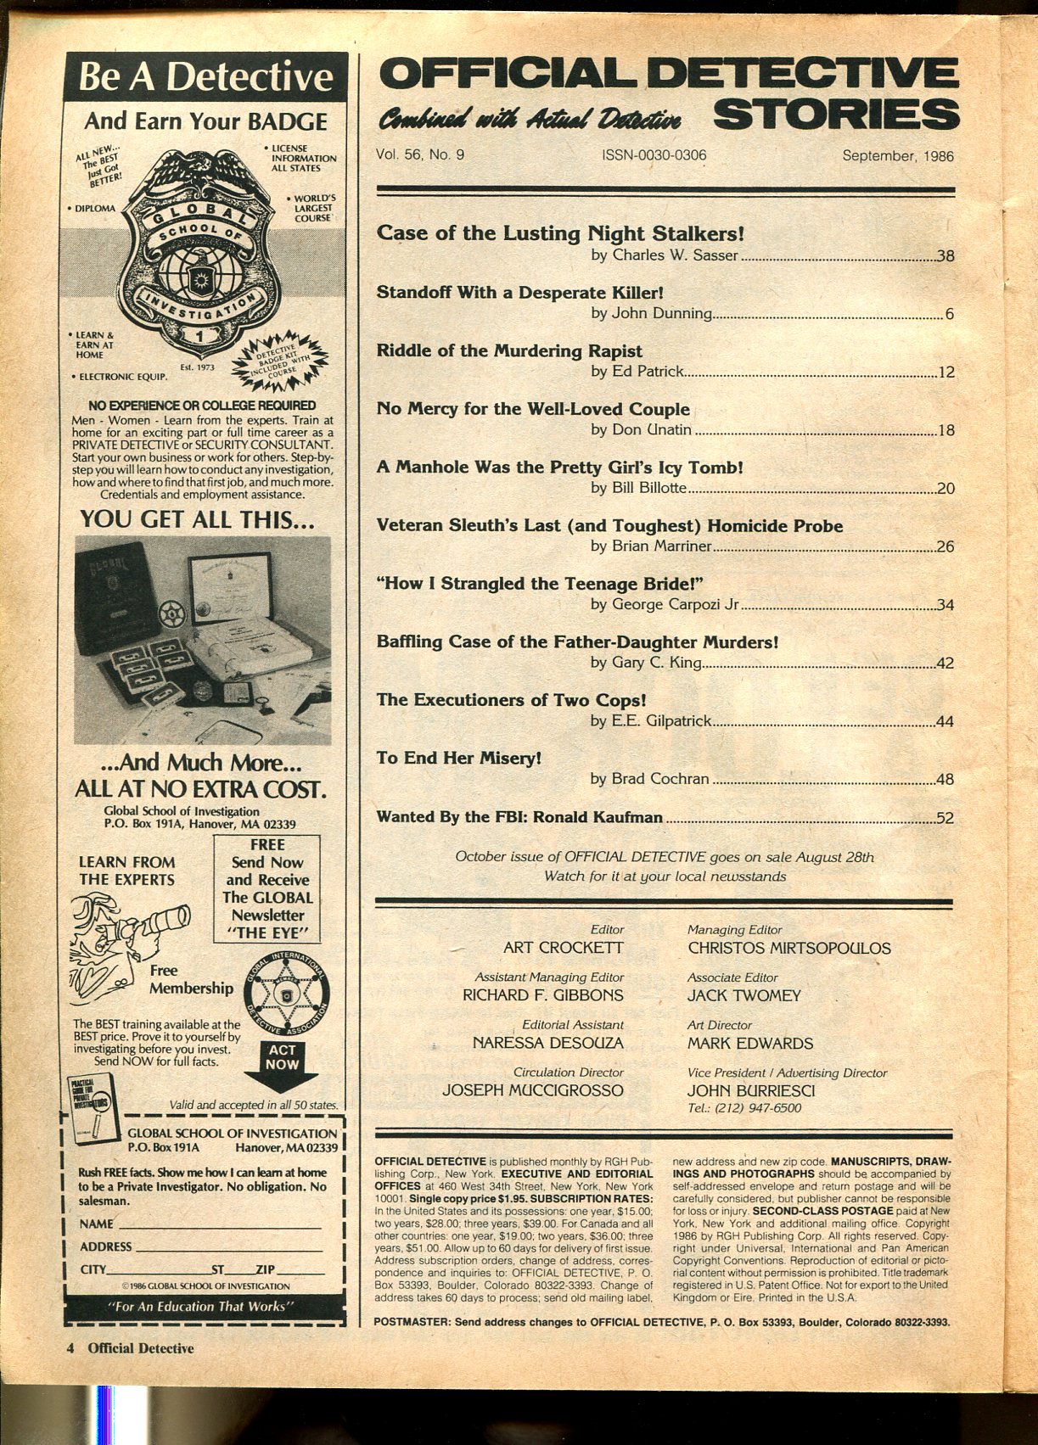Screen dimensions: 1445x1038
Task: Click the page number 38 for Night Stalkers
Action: pos(944,255)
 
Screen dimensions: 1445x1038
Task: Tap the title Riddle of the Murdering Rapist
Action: pos(509,350)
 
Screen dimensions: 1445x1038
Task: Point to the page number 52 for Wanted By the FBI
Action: pos(944,819)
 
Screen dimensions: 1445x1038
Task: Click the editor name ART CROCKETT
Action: pos(563,948)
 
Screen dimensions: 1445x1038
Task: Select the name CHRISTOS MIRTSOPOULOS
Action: pos(788,948)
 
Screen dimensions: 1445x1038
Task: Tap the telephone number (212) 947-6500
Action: pos(743,1108)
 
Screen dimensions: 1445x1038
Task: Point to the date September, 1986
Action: pos(898,156)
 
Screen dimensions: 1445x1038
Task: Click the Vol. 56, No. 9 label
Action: pos(420,155)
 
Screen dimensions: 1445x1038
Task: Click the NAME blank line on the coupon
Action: pos(220,1224)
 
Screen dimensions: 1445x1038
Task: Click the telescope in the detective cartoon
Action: pos(160,921)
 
